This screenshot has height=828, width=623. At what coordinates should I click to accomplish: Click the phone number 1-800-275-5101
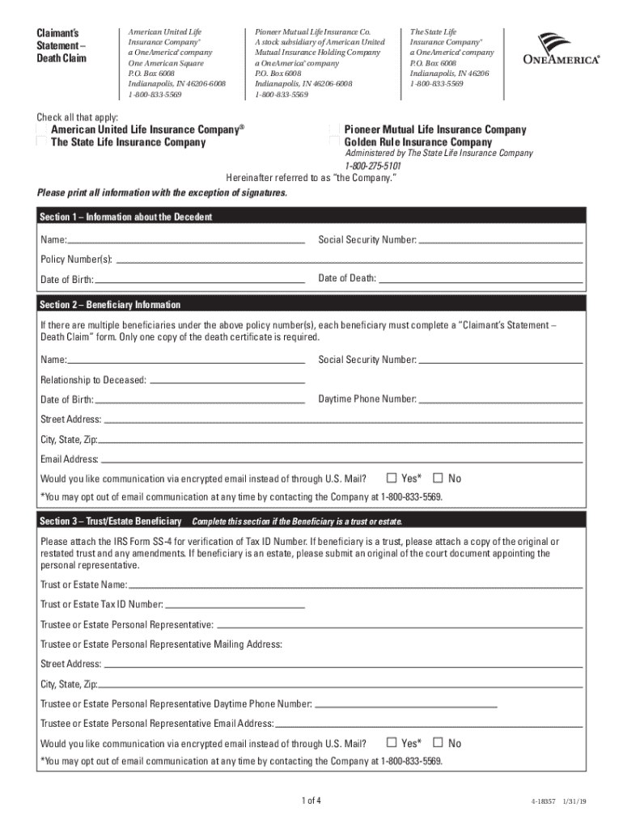(373, 166)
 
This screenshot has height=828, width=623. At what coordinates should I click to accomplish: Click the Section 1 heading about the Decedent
(127, 218)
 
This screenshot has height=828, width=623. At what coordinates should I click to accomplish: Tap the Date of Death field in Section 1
(481, 279)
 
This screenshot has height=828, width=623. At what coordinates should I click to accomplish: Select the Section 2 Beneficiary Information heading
(111, 305)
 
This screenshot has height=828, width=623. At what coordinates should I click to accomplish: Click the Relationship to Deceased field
(228, 380)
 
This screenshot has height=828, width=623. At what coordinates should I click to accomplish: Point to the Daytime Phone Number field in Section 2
(501, 399)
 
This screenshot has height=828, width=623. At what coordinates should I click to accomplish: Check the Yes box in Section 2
(392, 478)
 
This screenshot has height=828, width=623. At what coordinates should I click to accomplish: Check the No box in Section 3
(439, 742)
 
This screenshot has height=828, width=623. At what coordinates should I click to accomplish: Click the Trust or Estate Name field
(356, 585)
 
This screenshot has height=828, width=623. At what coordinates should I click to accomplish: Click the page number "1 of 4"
(311, 801)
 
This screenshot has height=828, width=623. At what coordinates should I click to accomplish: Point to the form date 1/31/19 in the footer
(575, 802)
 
